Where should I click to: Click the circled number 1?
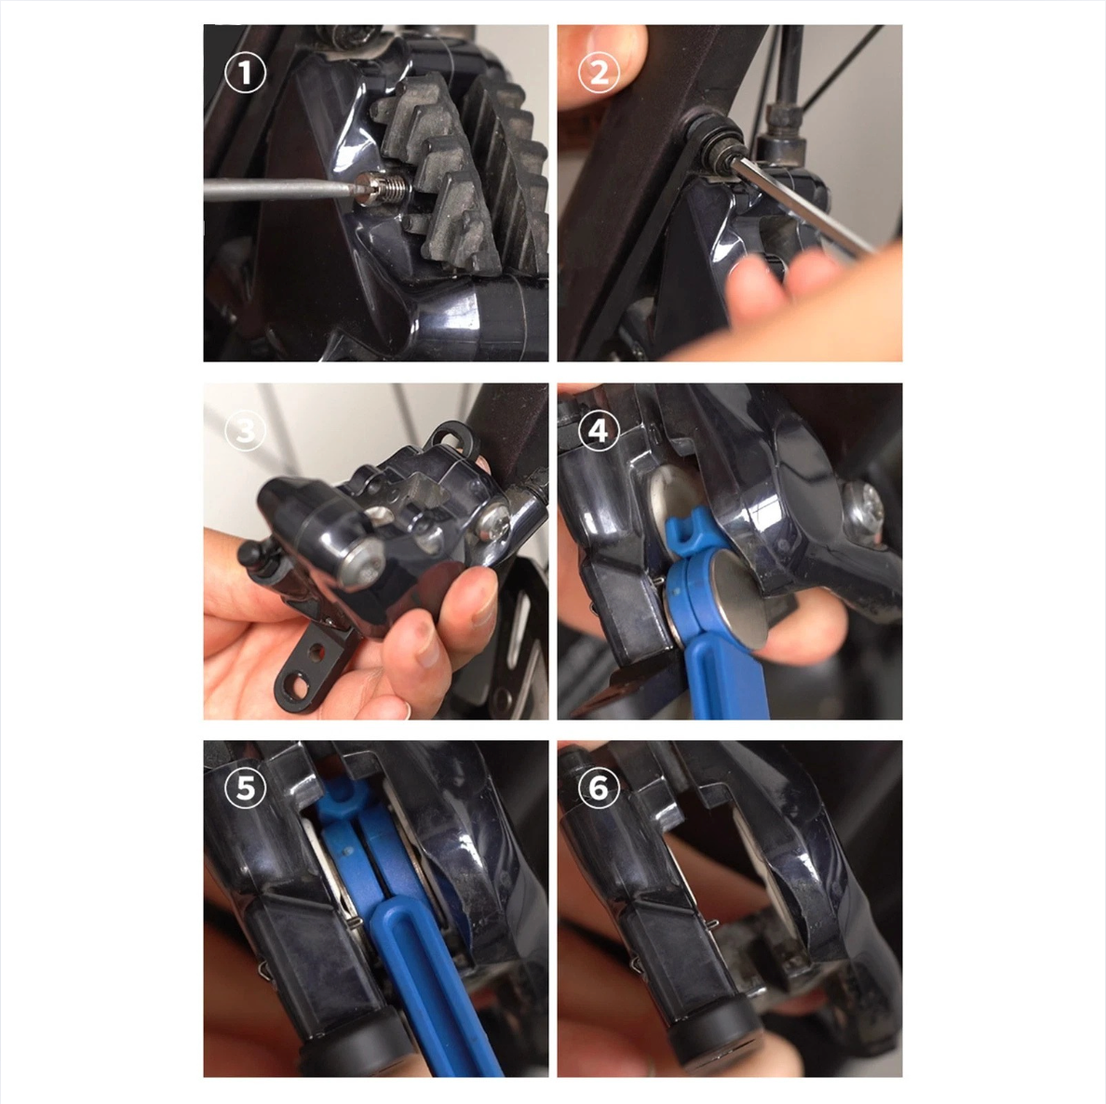[x=245, y=74]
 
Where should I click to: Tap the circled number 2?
[x=599, y=74]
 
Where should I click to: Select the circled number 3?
[x=245, y=430]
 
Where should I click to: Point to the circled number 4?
[x=599, y=430]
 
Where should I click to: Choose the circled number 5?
[x=245, y=788]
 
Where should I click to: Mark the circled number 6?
[x=599, y=788]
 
